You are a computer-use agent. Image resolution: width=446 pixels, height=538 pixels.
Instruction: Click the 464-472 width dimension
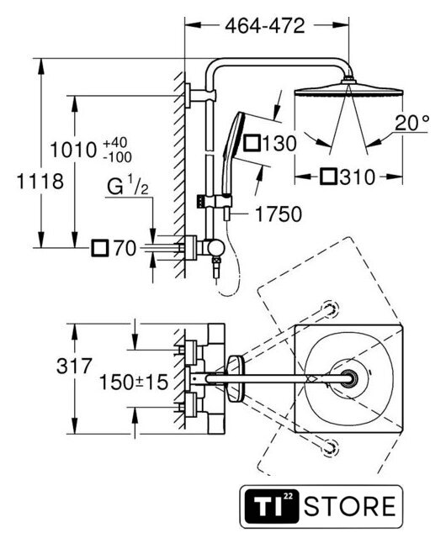click(265, 26)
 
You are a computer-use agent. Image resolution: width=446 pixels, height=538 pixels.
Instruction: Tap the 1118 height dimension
click(40, 182)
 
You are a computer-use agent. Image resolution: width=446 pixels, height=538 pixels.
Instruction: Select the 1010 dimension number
click(73, 150)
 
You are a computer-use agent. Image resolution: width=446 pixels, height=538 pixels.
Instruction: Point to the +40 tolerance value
click(115, 142)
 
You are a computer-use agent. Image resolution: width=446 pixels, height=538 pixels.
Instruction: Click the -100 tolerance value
click(117, 157)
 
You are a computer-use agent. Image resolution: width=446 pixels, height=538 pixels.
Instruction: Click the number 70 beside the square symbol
click(125, 248)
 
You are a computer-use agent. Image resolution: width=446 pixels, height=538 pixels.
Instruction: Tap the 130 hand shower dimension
click(279, 143)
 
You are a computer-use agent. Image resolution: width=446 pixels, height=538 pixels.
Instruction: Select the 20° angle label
click(411, 123)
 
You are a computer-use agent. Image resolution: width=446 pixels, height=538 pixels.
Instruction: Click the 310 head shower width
click(358, 177)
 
